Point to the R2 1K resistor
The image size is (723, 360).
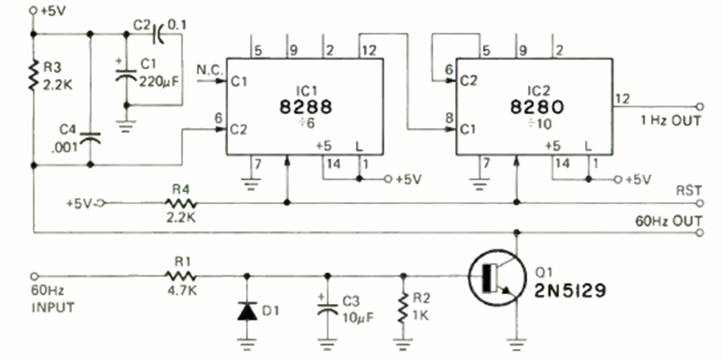click(403, 309)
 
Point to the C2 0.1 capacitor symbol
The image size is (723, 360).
click(158, 35)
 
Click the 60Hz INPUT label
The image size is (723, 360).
click(53, 301)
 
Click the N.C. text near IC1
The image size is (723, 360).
click(207, 68)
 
